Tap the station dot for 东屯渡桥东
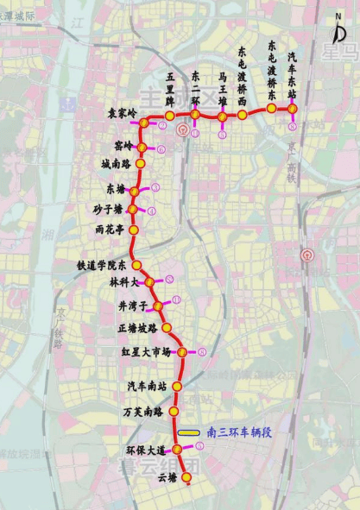coord(271,109)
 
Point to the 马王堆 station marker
coord(223,116)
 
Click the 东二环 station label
coord(196,85)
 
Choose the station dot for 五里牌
coord(170,116)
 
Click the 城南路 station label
coord(116,163)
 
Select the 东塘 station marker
coord(132,188)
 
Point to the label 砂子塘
coord(110,208)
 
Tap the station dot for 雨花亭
coord(133,230)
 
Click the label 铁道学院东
coord(101,265)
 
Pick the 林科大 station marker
coord(148,281)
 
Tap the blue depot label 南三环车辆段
coord(239,431)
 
